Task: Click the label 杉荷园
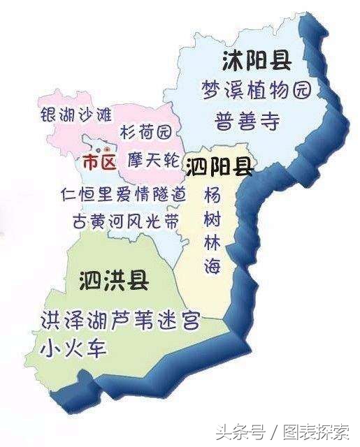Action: pos(150,131)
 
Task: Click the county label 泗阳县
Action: pos(219,166)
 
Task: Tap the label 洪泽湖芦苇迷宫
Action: pos(120,321)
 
